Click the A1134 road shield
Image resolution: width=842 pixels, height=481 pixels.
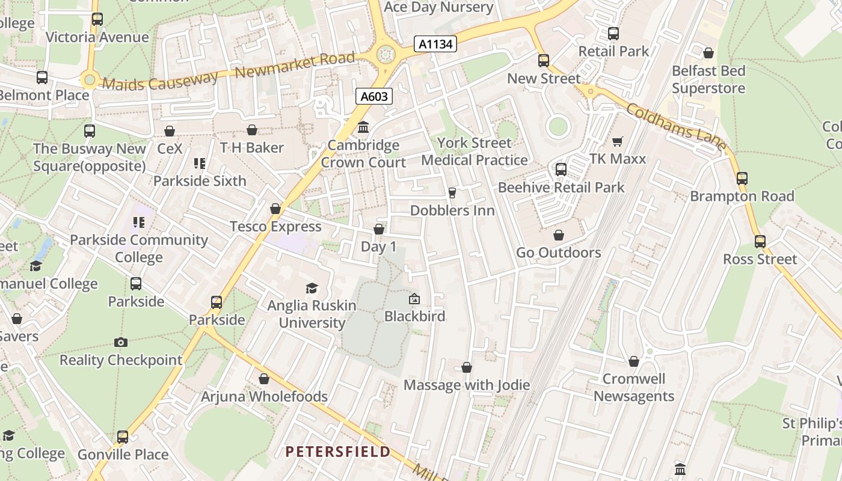click(x=435, y=44)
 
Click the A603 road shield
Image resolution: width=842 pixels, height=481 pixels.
click(x=373, y=96)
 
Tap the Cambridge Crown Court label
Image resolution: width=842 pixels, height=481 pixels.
click(x=363, y=154)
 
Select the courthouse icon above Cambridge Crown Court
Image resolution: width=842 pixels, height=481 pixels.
click(x=363, y=127)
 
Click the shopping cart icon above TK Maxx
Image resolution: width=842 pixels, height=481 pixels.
click(x=617, y=142)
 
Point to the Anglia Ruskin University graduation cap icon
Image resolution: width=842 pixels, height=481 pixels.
click(x=312, y=288)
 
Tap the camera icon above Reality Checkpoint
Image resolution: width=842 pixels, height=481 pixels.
click(x=121, y=343)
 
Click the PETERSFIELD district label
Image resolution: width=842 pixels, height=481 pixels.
click(x=338, y=452)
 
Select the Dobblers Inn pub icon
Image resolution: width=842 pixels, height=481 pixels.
click(x=452, y=193)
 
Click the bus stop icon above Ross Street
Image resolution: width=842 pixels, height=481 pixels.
click(x=760, y=242)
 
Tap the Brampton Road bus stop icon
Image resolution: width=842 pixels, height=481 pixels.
click(x=742, y=179)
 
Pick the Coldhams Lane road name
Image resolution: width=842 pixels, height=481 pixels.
click(x=676, y=127)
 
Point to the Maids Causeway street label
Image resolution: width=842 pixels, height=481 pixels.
click(x=160, y=81)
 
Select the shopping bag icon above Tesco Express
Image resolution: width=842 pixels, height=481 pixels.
click(x=275, y=209)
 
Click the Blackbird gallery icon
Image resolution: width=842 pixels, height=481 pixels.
click(x=414, y=299)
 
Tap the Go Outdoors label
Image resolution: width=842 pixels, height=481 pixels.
click(x=558, y=253)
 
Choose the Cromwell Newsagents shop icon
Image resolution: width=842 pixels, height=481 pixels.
click(x=633, y=361)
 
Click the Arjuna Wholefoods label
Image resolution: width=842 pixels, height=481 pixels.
click(x=264, y=397)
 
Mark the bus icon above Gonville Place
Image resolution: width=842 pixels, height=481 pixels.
click(x=123, y=437)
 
